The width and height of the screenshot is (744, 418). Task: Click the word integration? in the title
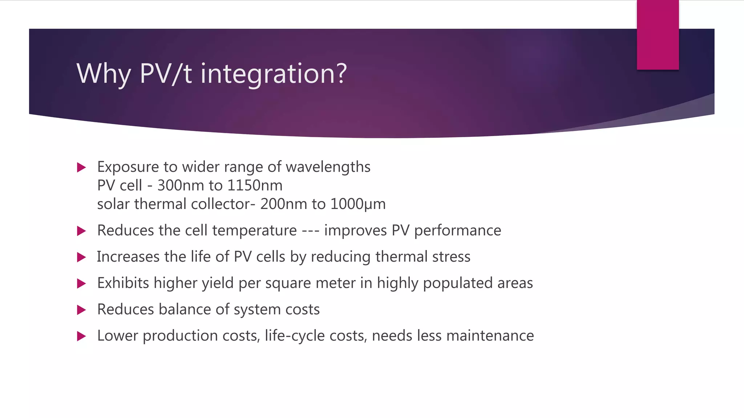[274, 74]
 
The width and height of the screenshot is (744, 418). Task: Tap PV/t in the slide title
[165, 74]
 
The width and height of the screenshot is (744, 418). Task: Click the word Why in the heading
[104, 74]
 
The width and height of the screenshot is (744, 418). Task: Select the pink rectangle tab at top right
[658, 35]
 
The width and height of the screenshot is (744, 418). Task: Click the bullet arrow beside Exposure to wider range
[81, 168]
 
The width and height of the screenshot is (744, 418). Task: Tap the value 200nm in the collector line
[283, 204]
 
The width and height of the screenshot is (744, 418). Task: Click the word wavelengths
[328, 167]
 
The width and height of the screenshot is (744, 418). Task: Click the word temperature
[254, 231]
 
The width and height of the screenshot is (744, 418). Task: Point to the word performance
[457, 231]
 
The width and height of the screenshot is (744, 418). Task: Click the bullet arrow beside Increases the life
[81, 257]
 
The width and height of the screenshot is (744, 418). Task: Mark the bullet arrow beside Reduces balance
[81, 310]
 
